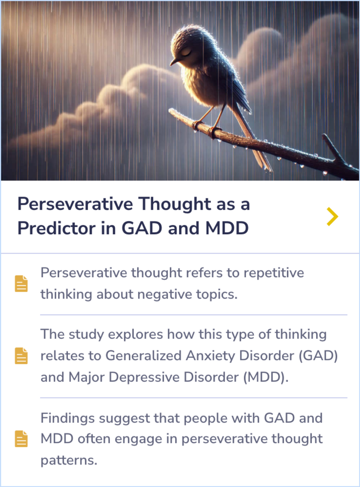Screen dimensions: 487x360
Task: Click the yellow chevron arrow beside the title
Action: coord(332,216)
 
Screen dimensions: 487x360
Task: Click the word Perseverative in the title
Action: coord(75,204)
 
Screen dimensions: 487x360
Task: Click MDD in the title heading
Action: coord(227,228)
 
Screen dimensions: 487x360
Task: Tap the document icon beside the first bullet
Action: coord(21,284)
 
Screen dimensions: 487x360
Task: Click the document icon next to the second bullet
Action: coord(21,356)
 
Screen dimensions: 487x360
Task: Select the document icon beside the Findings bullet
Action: coord(21,439)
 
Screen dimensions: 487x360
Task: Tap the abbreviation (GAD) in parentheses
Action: coord(318,356)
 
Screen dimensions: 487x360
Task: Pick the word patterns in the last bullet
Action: coord(68,460)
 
